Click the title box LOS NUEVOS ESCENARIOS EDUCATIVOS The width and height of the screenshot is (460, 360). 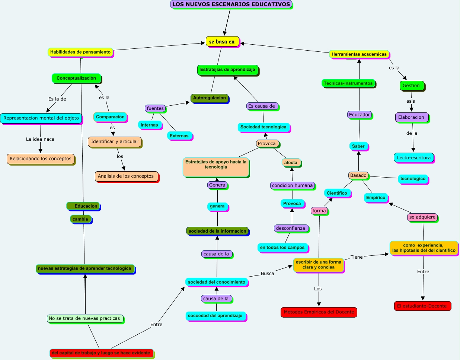(x=231, y=4)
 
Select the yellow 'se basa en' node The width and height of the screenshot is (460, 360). (x=222, y=42)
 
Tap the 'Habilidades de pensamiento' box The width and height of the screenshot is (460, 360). (x=80, y=52)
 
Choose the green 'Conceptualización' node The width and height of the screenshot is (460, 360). (x=76, y=78)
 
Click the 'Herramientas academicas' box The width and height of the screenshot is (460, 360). (x=359, y=54)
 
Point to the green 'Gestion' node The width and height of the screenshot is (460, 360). (x=411, y=86)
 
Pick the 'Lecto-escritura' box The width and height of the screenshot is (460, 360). (x=413, y=158)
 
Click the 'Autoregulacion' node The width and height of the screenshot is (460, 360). (x=209, y=98)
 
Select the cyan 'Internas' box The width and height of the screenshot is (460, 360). (x=149, y=125)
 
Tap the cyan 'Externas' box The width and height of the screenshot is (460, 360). (x=179, y=136)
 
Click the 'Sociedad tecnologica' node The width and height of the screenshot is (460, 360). (x=263, y=127)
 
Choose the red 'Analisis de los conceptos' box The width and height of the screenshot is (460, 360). (x=126, y=176)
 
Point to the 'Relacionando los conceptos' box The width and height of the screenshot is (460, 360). (x=41, y=159)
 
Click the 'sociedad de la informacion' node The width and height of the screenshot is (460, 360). (x=217, y=231)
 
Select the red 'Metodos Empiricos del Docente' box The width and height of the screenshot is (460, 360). (x=319, y=312)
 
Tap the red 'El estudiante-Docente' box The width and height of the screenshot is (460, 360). (x=422, y=306)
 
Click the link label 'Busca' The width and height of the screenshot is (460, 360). (x=267, y=274)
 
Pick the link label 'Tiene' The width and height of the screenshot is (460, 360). (x=357, y=257)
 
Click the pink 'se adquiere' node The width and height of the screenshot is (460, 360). (x=422, y=217)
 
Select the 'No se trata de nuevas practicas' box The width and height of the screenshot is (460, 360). (x=84, y=319)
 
